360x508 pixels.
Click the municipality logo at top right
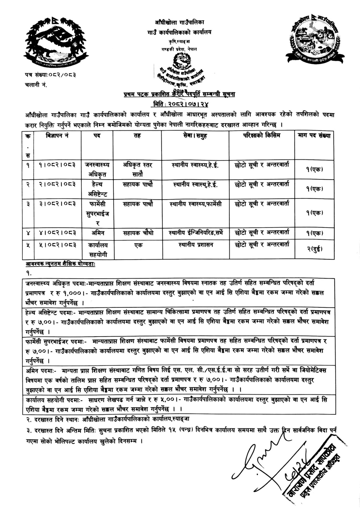[x=314, y=37]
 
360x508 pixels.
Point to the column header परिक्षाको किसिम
[x=261, y=136]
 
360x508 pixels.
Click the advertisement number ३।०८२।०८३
[x=57, y=204]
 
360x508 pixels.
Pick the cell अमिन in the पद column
[x=97, y=233]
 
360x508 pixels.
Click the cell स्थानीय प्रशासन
[x=195, y=246]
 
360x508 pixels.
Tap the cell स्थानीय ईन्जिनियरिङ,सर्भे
[x=195, y=233]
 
